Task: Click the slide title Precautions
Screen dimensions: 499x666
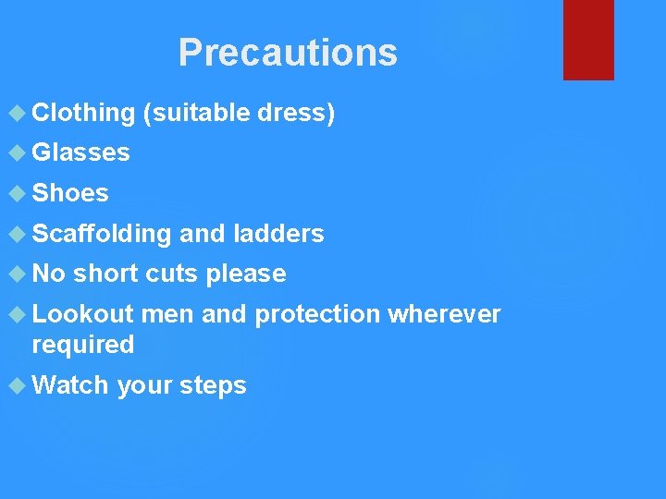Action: (288, 53)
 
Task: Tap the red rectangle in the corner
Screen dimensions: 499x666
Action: (588, 39)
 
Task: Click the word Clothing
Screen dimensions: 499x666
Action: (83, 113)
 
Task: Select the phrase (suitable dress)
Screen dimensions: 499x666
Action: (239, 113)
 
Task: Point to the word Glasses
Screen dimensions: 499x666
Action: (80, 152)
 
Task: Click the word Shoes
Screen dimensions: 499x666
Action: (70, 193)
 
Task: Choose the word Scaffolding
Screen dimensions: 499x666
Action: (102, 234)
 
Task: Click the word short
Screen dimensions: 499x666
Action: (106, 274)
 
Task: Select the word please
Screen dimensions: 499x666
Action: (246, 274)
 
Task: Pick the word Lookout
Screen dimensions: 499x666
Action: (82, 314)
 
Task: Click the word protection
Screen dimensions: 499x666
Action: (317, 314)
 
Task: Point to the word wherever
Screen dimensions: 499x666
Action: (444, 314)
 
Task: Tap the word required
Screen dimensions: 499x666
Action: (82, 345)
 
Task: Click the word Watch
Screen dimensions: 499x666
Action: (70, 384)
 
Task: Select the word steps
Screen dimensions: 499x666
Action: (214, 385)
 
